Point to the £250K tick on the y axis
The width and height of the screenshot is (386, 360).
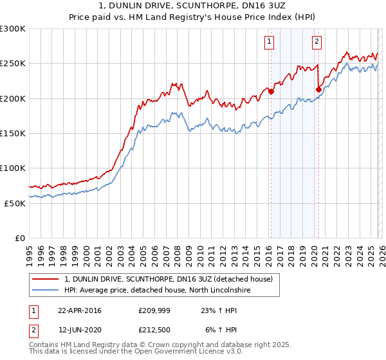13,64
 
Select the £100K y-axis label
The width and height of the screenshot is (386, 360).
13,168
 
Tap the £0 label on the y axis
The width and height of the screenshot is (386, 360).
19,238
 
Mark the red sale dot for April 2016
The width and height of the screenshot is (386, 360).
271,91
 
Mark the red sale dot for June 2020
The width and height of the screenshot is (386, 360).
318,89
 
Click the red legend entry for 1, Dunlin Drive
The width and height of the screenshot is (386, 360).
169,279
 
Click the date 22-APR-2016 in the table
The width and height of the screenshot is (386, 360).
79,310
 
